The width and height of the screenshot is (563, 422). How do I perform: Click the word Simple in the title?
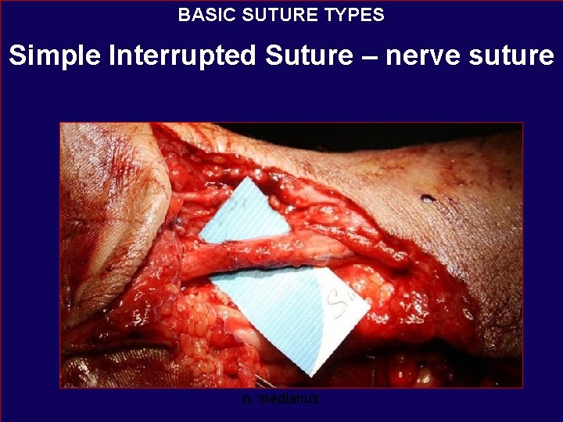pyautogui.click(x=52, y=55)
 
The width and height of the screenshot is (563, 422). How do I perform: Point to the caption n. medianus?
pyautogui.click(x=281, y=399)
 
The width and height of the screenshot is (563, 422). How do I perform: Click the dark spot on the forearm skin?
pyautogui.click(x=428, y=198)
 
